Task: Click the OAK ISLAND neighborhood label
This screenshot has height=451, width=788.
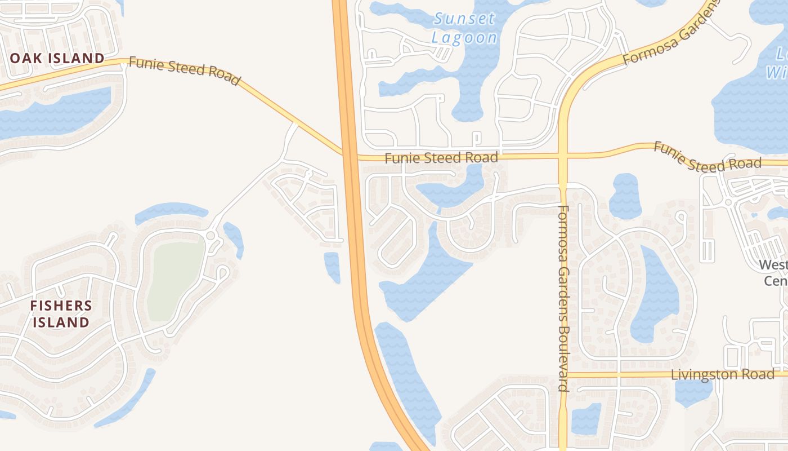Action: (57, 58)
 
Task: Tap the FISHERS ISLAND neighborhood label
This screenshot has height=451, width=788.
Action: (61, 314)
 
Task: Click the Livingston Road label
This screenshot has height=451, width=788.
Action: (723, 374)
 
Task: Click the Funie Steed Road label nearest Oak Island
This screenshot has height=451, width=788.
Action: (185, 70)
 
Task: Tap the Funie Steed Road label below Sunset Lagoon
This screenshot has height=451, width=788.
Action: (441, 158)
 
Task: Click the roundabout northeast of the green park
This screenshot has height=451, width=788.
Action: (211, 235)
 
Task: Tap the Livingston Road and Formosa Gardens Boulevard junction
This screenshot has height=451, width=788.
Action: (563, 375)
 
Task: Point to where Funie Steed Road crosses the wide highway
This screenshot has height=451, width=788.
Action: (349, 154)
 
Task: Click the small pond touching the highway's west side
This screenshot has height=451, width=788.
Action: (332, 267)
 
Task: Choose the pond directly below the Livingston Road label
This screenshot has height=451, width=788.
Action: (693, 392)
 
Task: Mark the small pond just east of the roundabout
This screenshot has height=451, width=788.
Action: (234, 239)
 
